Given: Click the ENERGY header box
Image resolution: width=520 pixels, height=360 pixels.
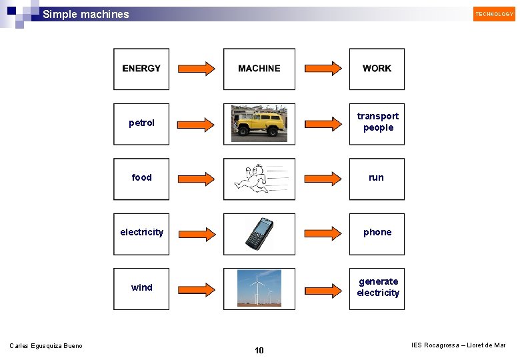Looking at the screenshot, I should (x=141, y=69).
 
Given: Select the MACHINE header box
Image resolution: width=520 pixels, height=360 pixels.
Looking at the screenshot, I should (x=259, y=69).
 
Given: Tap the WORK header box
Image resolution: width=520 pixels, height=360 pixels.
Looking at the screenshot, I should (x=377, y=69).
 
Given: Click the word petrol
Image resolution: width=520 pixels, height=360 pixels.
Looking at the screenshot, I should (x=141, y=123).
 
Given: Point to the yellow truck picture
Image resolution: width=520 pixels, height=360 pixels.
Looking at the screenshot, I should (x=259, y=123).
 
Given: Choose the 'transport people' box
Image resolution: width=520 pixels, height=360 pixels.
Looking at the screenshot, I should (x=377, y=122).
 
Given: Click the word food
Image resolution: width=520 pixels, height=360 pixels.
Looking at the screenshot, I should (x=141, y=177).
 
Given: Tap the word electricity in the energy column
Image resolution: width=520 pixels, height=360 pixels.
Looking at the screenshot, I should (x=141, y=232).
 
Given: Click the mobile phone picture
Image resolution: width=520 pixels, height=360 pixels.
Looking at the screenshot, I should (x=259, y=233).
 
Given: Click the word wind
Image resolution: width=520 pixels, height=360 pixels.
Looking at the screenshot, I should (x=141, y=287).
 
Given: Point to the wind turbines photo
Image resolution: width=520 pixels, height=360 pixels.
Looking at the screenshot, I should (x=259, y=288).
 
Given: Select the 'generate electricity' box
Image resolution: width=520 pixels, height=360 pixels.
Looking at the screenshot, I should (x=377, y=287).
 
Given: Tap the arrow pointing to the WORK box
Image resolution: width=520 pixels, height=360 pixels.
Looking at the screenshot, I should (x=323, y=69).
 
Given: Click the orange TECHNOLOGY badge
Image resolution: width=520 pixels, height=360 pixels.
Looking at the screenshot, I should (x=494, y=14).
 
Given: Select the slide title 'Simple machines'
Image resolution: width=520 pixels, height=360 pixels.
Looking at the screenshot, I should (x=86, y=14).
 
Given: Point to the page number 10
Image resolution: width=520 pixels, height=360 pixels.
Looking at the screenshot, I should (x=259, y=351).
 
